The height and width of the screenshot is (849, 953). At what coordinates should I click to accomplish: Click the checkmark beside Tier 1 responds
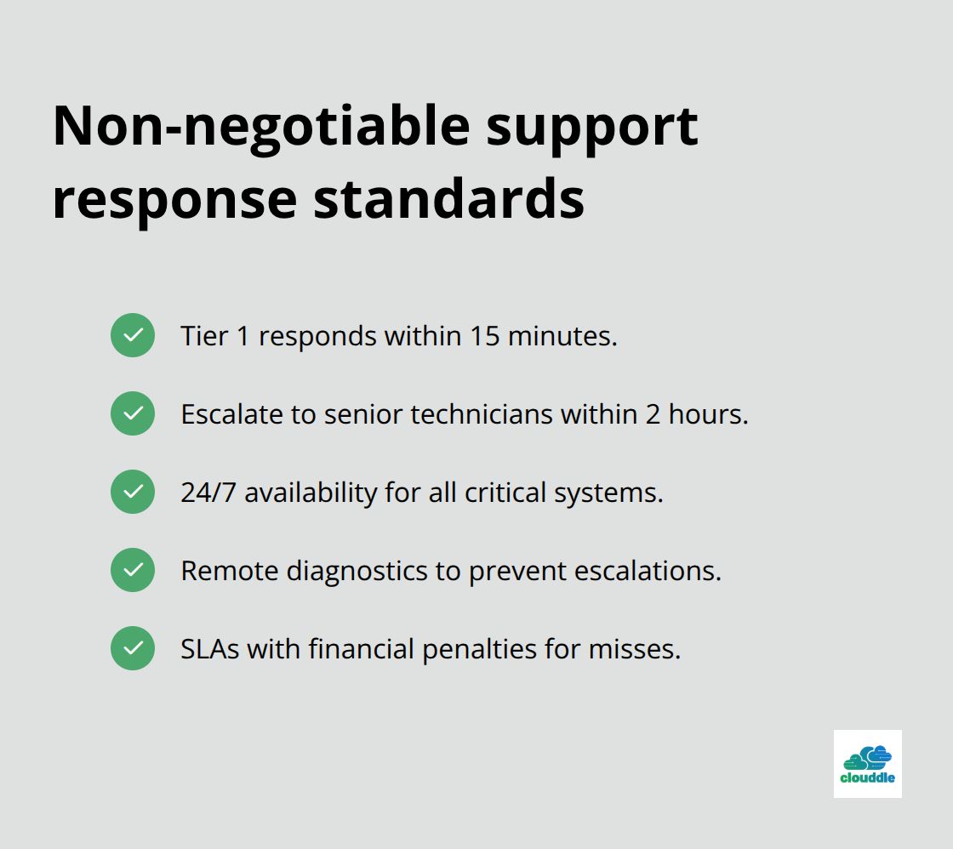point(133,335)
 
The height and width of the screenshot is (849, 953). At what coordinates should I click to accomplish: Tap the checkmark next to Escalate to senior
point(133,413)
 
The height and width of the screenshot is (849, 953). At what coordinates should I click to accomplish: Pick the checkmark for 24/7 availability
point(133,492)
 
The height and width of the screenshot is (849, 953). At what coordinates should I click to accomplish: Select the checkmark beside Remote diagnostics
point(133,570)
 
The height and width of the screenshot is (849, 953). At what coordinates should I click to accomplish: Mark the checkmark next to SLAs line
point(133,648)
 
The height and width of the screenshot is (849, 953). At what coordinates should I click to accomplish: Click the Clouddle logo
point(867,763)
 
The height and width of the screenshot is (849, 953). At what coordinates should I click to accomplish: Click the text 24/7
point(208,493)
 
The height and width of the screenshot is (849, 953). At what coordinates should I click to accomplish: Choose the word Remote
point(229,571)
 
